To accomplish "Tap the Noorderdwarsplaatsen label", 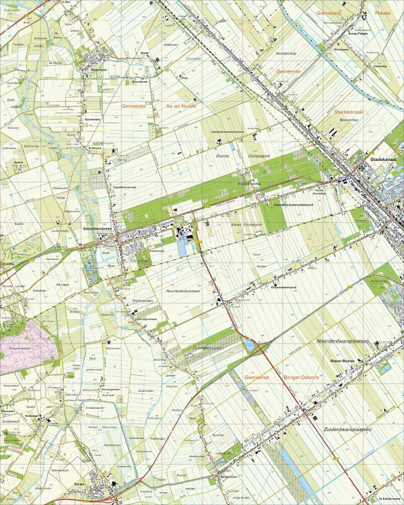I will (343, 342).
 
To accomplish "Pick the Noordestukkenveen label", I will (184, 291).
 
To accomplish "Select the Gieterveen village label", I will (99, 69).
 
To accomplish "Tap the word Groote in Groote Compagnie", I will (223, 156).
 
